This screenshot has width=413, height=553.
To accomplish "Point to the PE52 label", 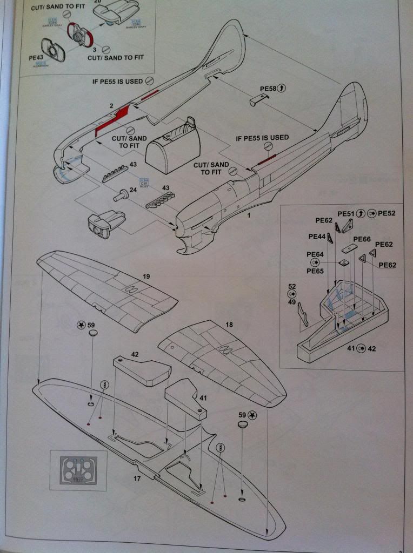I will pos(387,213).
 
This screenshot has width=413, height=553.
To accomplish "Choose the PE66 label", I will pos(362,239).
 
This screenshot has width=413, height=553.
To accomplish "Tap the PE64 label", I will pos(315,254).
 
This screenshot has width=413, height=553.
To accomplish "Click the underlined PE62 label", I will pos(388,265).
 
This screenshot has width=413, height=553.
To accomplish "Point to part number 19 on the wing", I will pos(146,276).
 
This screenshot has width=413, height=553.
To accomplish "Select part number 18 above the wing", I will pos(229,325).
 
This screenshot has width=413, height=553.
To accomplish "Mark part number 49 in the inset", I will pos(292,302).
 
